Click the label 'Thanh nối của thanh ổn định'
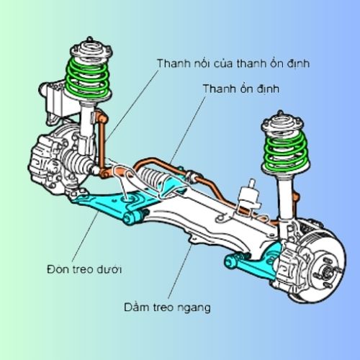(x=233, y=63)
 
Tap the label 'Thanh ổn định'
(x=241, y=89)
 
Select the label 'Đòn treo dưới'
(x=84, y=269)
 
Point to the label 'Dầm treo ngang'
(x=167, y=307)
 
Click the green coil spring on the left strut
(x=87, y=77)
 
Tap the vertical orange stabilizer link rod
(x=102, y=142)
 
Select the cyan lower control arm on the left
(x=113, y=204)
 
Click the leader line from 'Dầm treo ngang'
(x=180, y=271)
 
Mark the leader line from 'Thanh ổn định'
(x=188, y=130)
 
